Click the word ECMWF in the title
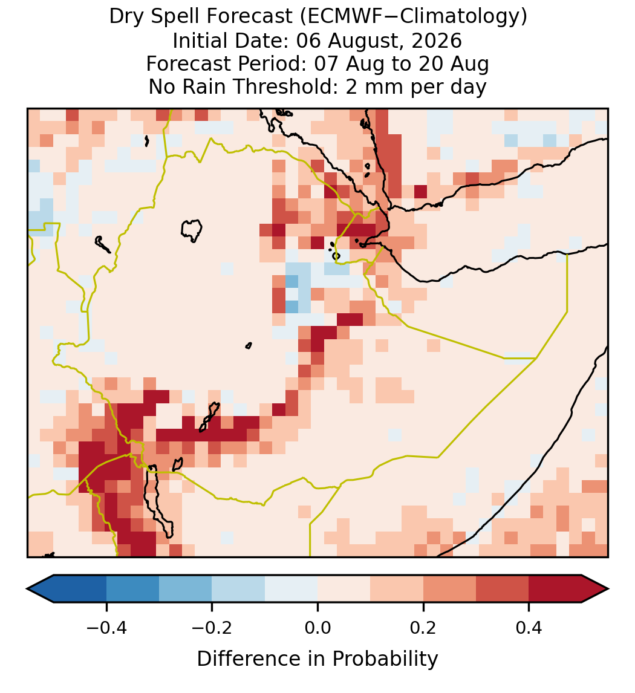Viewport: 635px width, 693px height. [x=340, y=17]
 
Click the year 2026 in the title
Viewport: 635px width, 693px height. [x=437, y=41]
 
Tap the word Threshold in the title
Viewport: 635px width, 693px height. [x=285, y=86]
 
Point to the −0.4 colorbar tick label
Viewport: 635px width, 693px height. [x=106, y=628]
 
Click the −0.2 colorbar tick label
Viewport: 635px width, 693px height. [x=212, y=628]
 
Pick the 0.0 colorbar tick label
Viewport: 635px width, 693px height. [x=317, y=628]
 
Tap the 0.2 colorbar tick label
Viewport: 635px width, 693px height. [x=423, y=628]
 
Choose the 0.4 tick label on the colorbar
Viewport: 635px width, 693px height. [x=529, y=628]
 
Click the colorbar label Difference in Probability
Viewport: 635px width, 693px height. [x=317, y=659]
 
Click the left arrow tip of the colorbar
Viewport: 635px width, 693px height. [x=27, y=589]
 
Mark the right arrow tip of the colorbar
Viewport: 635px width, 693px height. [x=608, y=589]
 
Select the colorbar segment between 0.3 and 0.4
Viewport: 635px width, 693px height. [x=503, y=589]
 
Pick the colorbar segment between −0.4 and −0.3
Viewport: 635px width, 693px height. [x=132, y=589]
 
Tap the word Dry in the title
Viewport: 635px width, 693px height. [x=126, y=17]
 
